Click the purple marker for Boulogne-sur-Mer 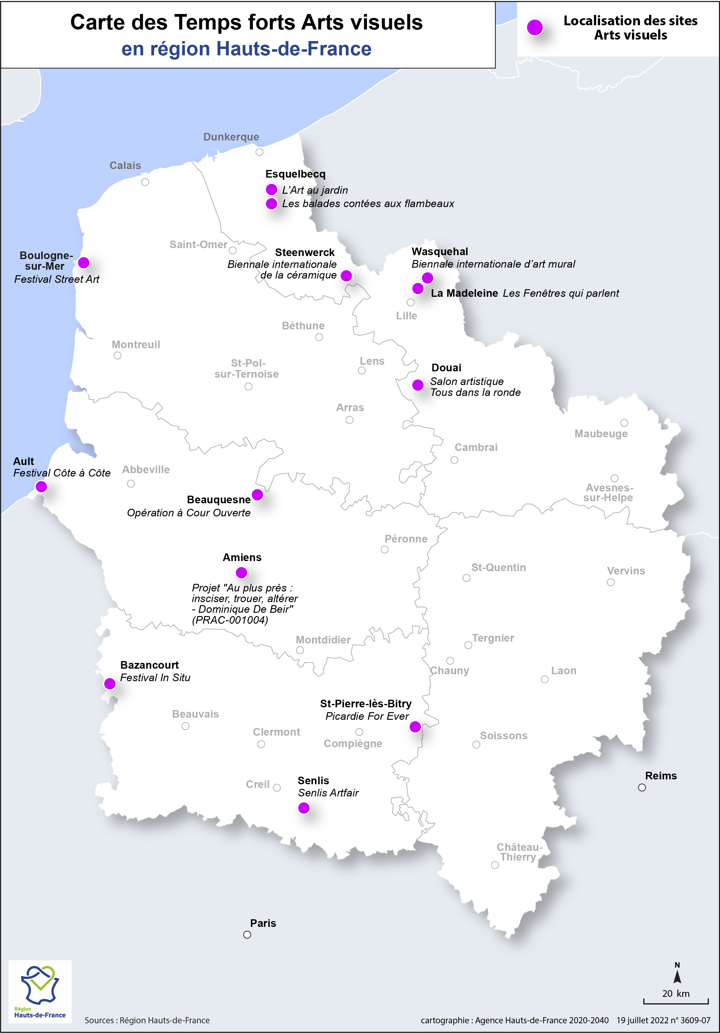[84, 262]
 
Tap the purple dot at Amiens [241, 572]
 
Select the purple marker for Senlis [304, 808]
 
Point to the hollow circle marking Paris [247, 934]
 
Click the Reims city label [661, 776]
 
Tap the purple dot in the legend [535, 27]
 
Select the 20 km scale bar [676, 1001]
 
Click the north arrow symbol [677, 975]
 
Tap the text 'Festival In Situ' [155, 678]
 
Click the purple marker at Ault [41, 486]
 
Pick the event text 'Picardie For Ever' [367, 716]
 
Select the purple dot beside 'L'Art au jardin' [271, 189]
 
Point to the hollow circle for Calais [145, 182]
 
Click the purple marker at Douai [418, 385]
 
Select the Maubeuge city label [601, 434]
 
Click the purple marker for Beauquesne [257, 495]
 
